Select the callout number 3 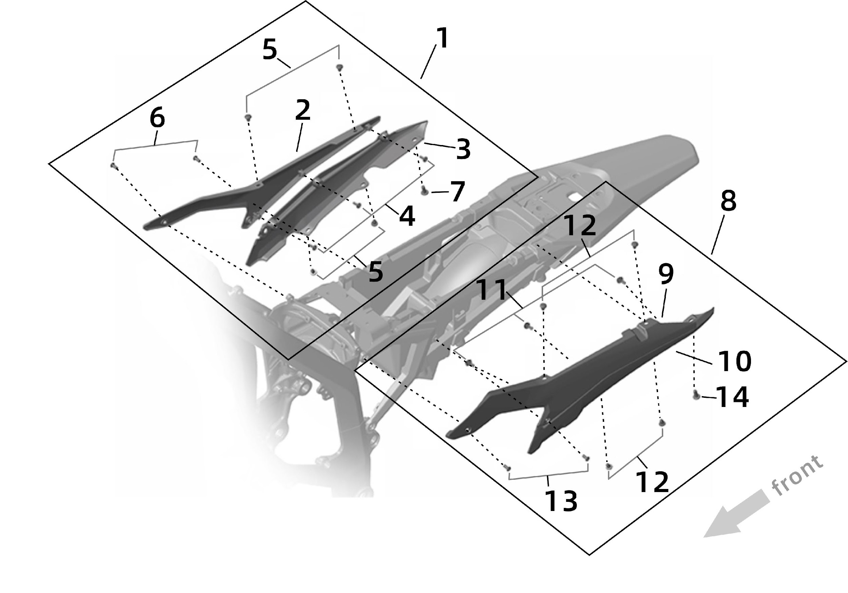tap(463, 149)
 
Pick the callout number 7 tap(457, 191)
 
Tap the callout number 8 tap(728, 201)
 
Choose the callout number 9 tap(666, 274)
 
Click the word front tap(798, 476)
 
